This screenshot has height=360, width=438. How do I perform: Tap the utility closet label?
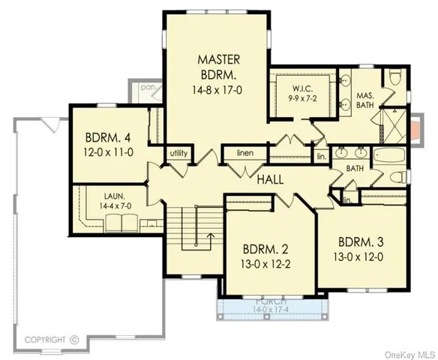coord(178,153)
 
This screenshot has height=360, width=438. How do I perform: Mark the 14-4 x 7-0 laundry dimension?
coord(111,203)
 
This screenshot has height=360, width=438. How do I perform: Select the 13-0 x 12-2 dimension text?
coord(268,264)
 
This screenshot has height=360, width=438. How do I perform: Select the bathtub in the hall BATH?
coord(386,158)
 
